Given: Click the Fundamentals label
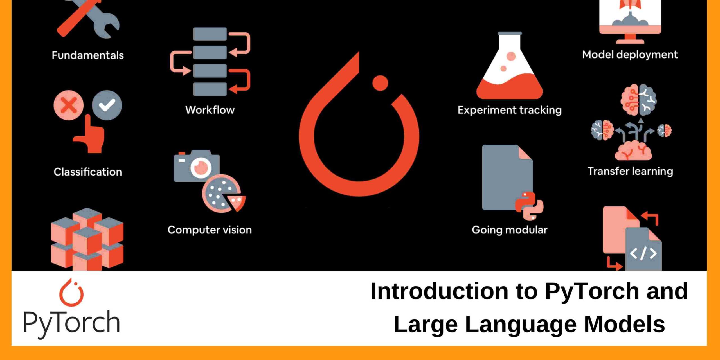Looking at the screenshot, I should (88, 55).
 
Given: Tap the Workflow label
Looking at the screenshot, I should (210, 110).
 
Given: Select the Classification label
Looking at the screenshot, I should (88, 172).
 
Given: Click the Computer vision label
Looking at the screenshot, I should (210, 230).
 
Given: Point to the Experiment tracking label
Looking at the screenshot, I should (509, 110).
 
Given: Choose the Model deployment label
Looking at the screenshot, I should (630, 55).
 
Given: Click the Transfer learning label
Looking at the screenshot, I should (630, 171).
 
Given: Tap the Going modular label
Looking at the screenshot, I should (509, 230).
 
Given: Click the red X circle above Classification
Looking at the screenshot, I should (68, 105).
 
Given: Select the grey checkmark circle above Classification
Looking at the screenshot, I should (107, 105).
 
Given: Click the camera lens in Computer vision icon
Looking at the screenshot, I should (201, 168).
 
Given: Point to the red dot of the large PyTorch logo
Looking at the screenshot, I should (380, 83).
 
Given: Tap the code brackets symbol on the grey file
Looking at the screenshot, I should (643, 253).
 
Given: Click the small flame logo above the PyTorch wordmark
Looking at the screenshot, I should (71, 292).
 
